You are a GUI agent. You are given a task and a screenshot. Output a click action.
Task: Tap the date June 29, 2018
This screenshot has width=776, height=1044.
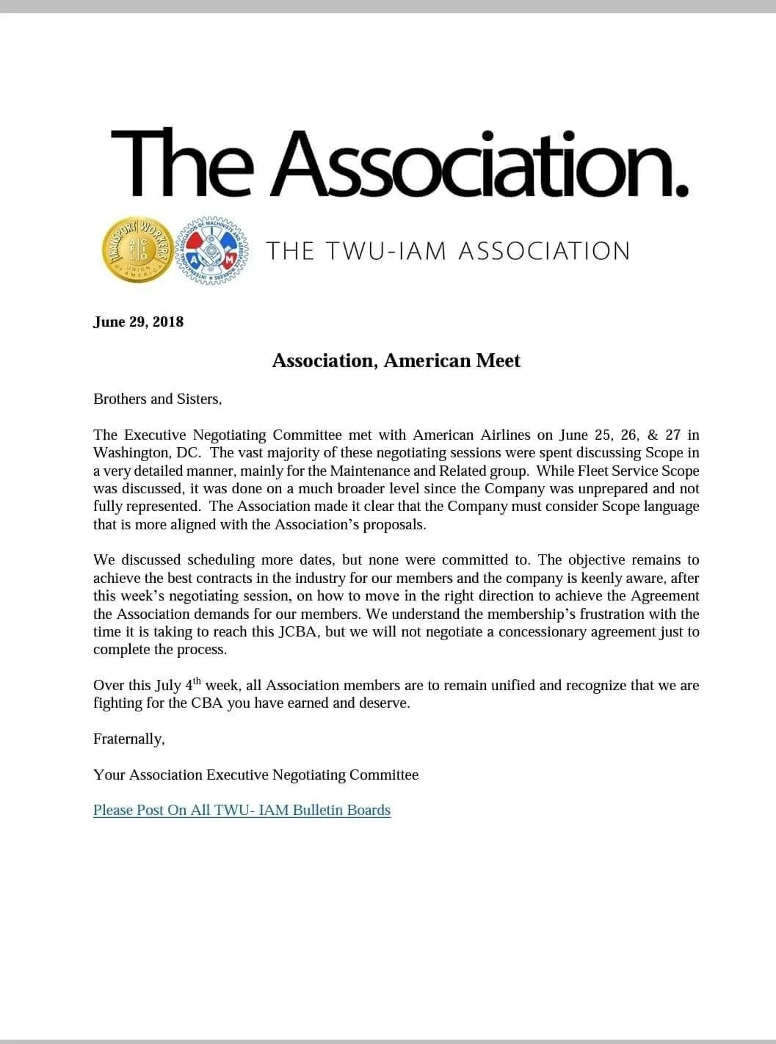[138, 322]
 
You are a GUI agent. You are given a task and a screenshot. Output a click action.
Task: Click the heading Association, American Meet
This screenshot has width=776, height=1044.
[396, 360]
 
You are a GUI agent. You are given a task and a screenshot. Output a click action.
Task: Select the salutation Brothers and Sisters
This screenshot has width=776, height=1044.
[157, 399]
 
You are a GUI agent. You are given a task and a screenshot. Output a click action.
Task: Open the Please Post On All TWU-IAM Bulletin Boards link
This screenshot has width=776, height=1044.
[242, 811]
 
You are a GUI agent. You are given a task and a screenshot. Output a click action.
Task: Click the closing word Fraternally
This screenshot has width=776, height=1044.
[128, 739]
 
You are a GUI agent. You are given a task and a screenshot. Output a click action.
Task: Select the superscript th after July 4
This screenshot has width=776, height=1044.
[197, 681]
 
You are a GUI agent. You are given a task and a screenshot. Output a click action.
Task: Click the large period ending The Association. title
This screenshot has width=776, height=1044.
[681, 189]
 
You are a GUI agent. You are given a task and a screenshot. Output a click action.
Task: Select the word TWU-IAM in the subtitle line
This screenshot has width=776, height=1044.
[387, 251]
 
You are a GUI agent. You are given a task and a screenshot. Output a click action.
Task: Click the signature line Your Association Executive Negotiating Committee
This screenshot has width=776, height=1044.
[255, 775]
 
